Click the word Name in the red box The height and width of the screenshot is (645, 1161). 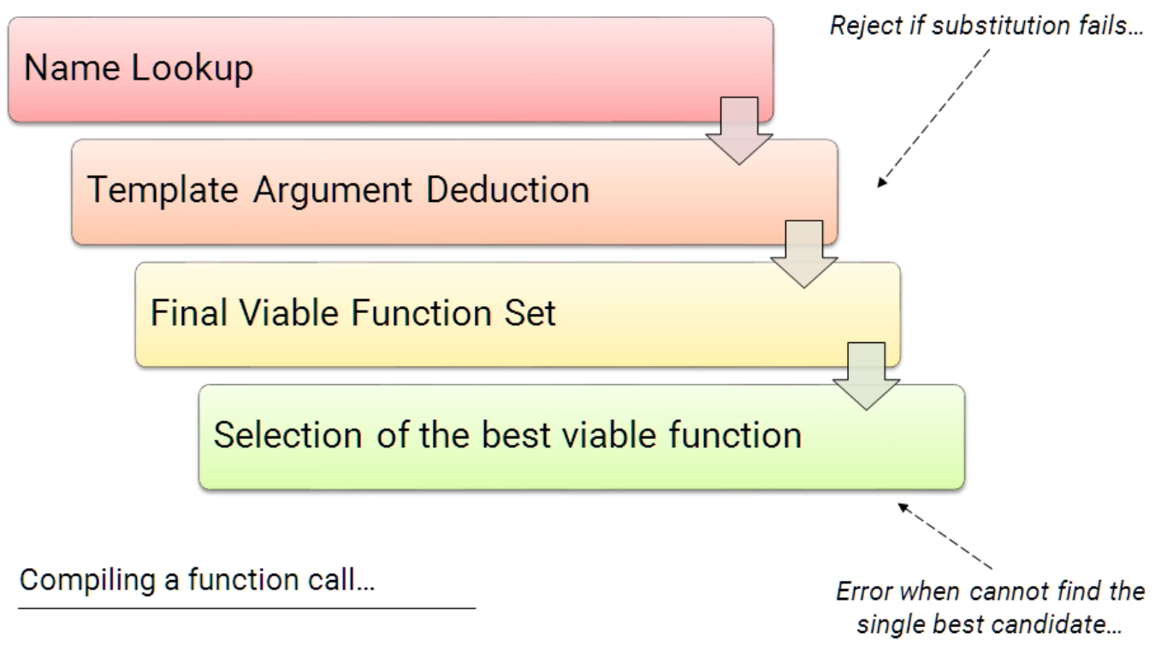click(72, 68)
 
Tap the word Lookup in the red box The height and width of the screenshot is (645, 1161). click(193, 68)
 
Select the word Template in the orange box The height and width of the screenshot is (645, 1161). click(163, 190)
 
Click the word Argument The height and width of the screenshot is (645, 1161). click(332, 191)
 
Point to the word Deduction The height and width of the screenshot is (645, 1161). click(508, 190)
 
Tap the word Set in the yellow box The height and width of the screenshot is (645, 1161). click(530, 313)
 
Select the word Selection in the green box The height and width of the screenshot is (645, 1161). click(287, 435)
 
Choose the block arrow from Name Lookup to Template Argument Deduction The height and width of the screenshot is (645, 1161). click(739, 131)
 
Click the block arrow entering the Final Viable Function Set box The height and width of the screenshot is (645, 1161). click(804, 254)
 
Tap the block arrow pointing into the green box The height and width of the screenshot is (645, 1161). click(866, 376)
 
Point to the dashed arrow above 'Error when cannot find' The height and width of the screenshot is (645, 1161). click(945, 536)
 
